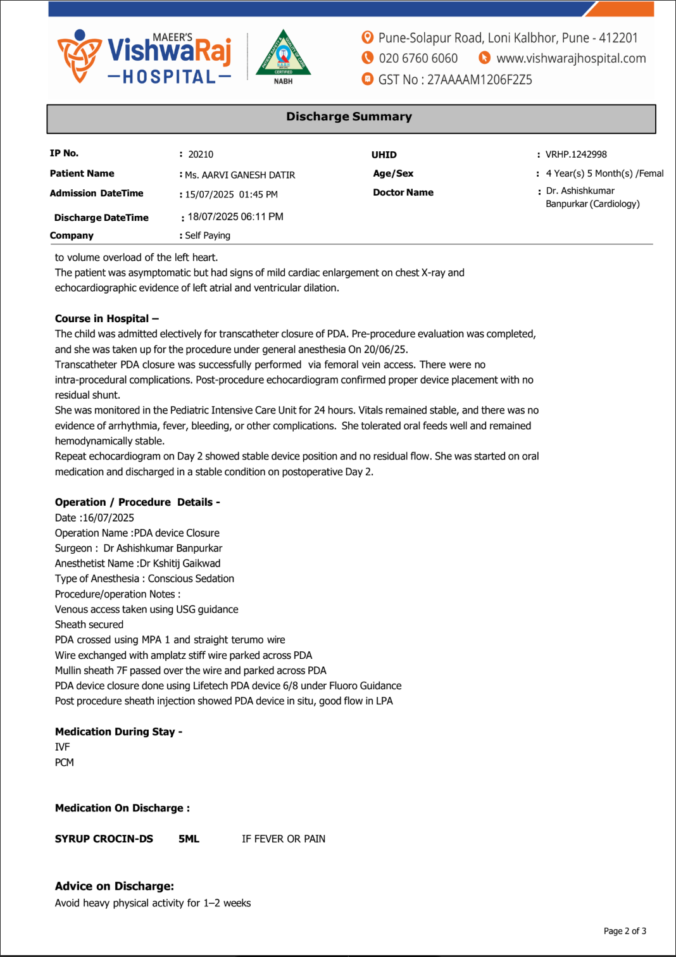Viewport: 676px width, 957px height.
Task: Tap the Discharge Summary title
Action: coord(349,116)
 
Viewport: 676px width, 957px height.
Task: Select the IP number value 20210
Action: coord(201,154)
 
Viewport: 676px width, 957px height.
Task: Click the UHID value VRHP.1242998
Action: coord(576,154)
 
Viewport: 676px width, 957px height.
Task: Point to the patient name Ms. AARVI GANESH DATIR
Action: coord(240,175)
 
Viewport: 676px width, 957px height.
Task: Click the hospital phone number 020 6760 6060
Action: coord(418,58)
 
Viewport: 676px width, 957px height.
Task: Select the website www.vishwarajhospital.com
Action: coord(571,58)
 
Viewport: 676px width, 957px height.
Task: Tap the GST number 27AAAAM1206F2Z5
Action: coord(479,80)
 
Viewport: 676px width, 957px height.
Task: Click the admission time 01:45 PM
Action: coord(258,194)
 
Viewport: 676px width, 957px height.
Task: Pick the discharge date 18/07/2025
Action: coord(213,216)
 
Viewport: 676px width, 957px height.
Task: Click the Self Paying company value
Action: coord(208,235)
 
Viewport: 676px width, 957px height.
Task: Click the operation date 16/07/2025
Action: coord(108,518)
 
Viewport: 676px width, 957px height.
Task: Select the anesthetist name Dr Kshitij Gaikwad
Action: coord(180,563)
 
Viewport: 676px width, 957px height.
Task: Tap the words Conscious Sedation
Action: coord(191,579)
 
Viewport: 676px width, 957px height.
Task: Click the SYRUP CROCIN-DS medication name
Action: coord(104,839)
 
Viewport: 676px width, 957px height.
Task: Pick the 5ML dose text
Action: coord(189,839)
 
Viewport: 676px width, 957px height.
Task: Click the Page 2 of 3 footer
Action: coord(624,931)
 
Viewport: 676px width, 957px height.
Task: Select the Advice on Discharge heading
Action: coord(114,886)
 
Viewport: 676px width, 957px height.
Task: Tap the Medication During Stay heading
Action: coord(118,732)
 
